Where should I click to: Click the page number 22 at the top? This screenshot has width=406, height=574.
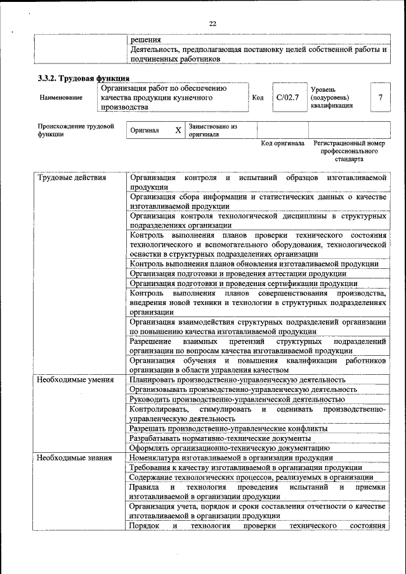(x=213, y=23)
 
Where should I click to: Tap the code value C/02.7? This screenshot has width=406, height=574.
(x=287, y=98)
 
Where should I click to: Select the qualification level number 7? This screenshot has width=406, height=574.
(x=380, y=98)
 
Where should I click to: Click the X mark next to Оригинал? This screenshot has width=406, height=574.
(x=178, y=130)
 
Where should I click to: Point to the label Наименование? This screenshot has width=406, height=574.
(x=61, y=98)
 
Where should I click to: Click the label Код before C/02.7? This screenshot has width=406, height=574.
(x=258, y=98)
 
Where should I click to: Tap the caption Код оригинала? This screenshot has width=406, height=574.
(x=283, y=143)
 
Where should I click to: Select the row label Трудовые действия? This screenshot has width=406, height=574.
(x=72, y=178)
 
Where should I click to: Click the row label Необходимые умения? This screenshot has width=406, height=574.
(x=75, y=380)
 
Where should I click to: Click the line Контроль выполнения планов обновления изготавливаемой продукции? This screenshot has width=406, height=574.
(x=254, y=264)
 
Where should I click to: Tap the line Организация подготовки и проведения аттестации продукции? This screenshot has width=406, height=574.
(x=238, y=273)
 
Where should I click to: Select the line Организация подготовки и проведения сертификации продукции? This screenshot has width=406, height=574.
(x=244, y=284)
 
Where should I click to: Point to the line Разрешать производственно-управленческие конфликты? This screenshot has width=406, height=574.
(x=228, y=428)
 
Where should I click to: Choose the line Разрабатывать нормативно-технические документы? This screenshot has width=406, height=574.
(x=220, y=438)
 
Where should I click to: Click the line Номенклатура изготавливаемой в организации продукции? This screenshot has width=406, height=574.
(x=231, y=457)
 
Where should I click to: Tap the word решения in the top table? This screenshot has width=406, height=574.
(x=145, y=39)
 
